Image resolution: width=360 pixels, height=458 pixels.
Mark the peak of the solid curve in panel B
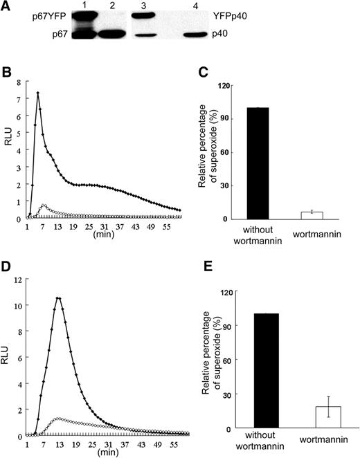(38, 93)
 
